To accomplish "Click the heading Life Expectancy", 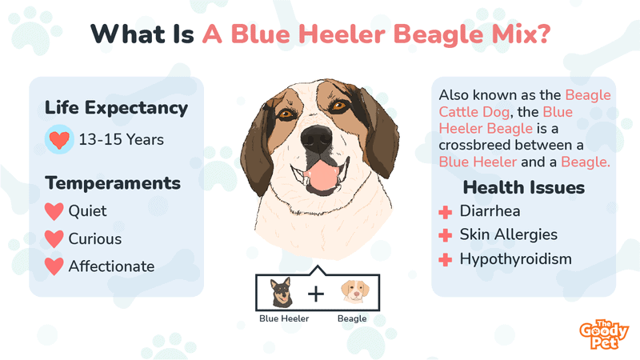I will pyautogui.click(x=116, y=108).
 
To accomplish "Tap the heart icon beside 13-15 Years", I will pyautogui.click(x=58, y=140).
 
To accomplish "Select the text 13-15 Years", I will pyautogui.click(x=121, y=140).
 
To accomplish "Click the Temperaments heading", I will pyautogui.click(x=113, y=183).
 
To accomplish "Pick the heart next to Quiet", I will pyautogui.click(x=54, y=212).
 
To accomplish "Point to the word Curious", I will pyautogui.click(x=95, y=238).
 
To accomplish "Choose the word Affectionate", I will pyautogui.click(x=111, y=266).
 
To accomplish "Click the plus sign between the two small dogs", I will pyautogui.click(x=317, y=294).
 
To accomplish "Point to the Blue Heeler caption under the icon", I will pyautogui.click(x=284, y=318).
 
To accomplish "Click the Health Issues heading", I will pyautogui.click(x=524, y=188).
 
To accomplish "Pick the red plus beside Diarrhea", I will pyautogui.click(x=445, y=212).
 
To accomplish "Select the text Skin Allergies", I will pyautogui.click(x=508, y=235).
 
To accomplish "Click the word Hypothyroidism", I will pyautogui.click(x=515, y=259).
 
